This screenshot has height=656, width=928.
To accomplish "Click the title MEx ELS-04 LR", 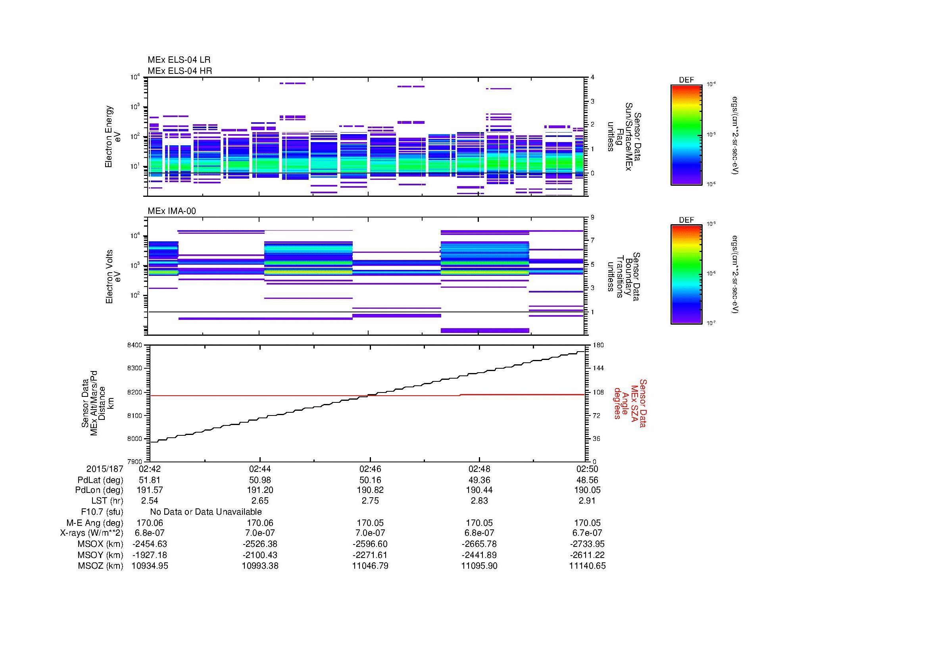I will (179, 60).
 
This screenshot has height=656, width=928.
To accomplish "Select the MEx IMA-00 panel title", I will (171, 211).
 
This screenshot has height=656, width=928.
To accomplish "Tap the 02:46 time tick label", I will (370, 469).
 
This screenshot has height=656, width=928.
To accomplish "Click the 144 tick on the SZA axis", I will (597, 368).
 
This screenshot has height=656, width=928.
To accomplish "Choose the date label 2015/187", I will (104, 469).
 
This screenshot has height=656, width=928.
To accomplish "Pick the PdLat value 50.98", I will (260, 480).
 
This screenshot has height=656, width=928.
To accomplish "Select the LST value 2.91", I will (587, 501).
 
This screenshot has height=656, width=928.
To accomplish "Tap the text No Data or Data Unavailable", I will (206, 512).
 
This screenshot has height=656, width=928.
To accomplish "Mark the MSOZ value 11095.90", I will (479, 566).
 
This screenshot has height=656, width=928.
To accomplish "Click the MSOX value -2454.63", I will (150, 544).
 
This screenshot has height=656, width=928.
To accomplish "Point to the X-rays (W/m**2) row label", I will (91, 533).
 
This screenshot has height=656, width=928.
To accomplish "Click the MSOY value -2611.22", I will (587, 555).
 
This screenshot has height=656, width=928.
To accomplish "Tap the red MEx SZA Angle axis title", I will (630, 403).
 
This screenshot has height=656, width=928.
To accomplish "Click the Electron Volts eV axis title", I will (113, 277).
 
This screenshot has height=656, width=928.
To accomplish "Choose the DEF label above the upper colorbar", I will (686, 80).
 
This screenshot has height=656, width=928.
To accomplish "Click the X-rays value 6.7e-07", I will (587, 533).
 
